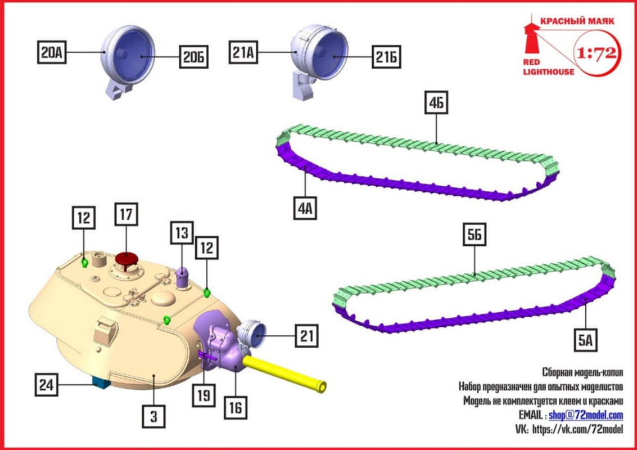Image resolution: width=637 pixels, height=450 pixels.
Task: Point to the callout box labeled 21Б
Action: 386,56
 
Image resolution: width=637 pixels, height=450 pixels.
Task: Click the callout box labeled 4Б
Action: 437,105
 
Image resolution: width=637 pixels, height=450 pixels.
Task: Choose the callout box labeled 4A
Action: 305,209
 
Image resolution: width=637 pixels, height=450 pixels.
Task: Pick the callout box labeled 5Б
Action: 475,236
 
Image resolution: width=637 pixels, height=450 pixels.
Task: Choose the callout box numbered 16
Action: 236,407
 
